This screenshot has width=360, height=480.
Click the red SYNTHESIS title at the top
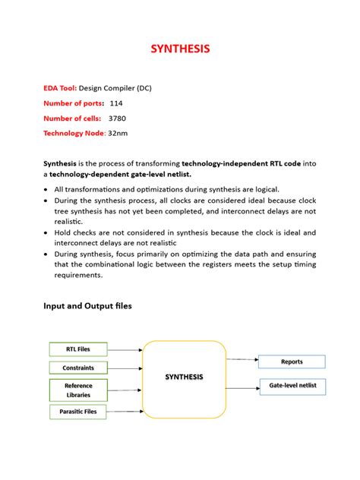pos(179,49)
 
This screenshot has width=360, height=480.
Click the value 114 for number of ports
pos(116,103)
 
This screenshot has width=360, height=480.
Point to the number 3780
pos(118,118)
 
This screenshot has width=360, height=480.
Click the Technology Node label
pos(74,134)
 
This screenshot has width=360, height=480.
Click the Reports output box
pos(292,362)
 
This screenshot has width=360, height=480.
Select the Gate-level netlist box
pos(292,386)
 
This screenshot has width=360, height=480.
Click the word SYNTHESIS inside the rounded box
pos(184,377)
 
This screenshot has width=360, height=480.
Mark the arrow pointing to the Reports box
pos(242,359)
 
